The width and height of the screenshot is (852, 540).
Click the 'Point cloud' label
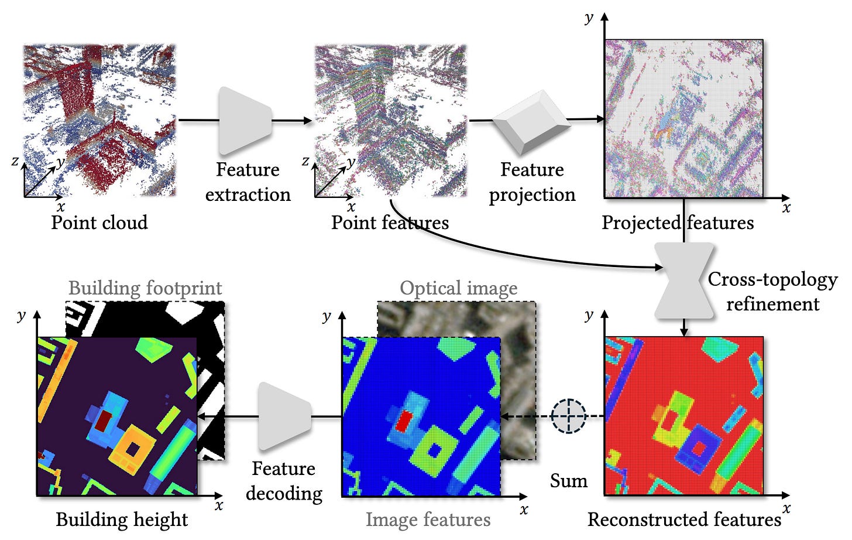[x=99, y=223]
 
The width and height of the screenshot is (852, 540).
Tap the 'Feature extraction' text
[x=248, y=182]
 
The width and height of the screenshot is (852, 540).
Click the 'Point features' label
[x=390, y=223]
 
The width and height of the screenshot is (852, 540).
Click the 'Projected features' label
[x=678, y=223]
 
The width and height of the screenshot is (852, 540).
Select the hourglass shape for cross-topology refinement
[x=684, y=281]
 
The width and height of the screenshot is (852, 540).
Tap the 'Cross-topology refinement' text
[x=772, y=291]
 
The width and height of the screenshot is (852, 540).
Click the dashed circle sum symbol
[x=569, y=416]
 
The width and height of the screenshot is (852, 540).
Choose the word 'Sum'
[x=569, y=481]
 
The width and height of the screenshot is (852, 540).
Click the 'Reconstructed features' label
[x=684, y=520]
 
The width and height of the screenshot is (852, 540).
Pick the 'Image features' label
[x=428, y=520]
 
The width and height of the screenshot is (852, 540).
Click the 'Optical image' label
[x=458, y=288]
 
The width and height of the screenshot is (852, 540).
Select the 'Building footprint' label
[x=145, y=288]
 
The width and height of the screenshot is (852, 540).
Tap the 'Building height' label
[x=122, y=520]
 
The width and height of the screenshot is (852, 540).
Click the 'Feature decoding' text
[x=284, y=481]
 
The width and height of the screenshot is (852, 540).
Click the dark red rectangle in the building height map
[x=104, y=421]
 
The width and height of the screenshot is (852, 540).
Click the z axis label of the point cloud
[x=15, y=160]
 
